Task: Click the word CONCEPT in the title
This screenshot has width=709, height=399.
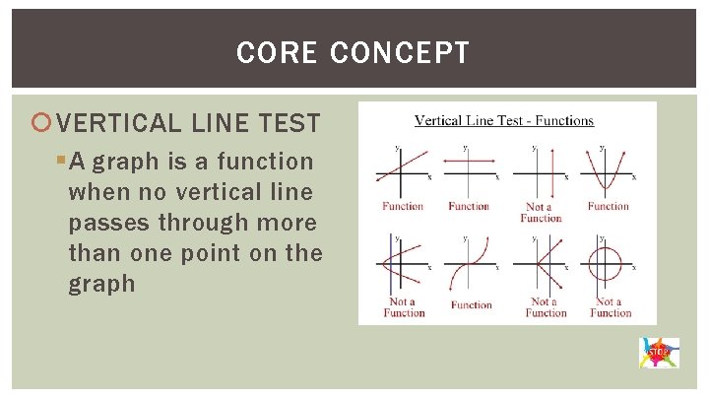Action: click(x=400, y=52)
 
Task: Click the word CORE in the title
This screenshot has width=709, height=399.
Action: click(x=277, y=52)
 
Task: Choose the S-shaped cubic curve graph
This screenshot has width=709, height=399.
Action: click(x=470, y=266)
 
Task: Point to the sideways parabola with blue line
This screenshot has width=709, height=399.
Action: click(x=401, y=266)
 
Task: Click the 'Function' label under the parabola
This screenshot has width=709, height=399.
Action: click(x=608, y=206)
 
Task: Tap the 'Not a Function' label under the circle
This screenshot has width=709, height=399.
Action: click(x=611, y=307)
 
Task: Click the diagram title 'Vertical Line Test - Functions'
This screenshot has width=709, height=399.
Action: click(x=504, y=121)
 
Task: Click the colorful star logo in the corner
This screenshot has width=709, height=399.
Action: click(x=658, y=351)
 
